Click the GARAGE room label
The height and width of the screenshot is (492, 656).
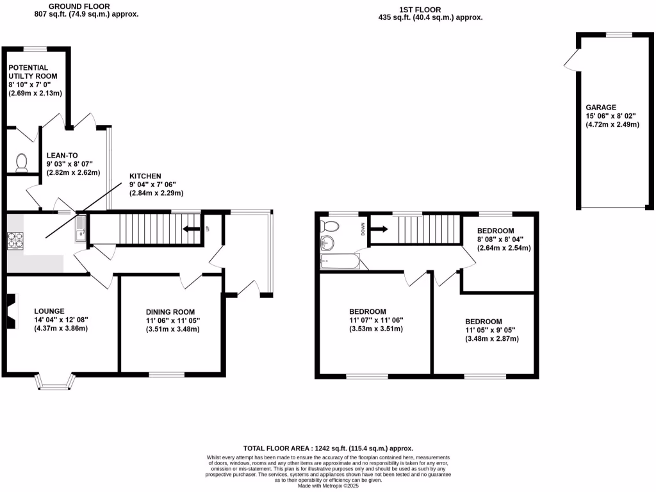[x=600, y=108]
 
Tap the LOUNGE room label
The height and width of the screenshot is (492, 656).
[x=49, y=311]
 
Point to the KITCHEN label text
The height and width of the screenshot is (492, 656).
[x=145, y=176]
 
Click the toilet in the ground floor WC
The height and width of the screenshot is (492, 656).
[x=21, y=162]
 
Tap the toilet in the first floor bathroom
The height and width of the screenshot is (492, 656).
[x=331, y=225]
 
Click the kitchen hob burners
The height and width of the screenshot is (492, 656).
[x=15, y=240]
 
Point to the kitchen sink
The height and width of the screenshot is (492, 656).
[x=80, y=228]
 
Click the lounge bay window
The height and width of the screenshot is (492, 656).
[x=54, y=382]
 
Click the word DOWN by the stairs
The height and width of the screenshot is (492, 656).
[x=363, y=228]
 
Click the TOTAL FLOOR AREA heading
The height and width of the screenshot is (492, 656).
[x=327, y=448]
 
